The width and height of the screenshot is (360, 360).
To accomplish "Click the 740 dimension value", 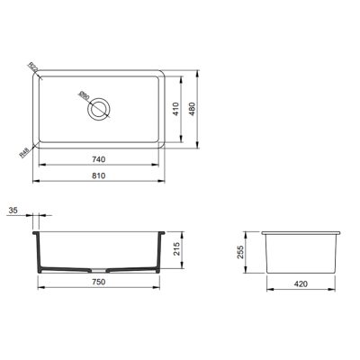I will (98, 159).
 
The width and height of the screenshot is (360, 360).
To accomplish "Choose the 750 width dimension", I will (99, 283).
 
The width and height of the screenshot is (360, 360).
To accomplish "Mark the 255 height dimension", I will (242, 253).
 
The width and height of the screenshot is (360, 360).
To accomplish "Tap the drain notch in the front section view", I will (100, 269).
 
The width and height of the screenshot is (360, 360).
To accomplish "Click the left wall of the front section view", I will (37, 252).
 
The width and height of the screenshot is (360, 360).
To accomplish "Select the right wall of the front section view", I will (160, 252).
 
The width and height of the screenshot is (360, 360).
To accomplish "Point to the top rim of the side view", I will (302, 233).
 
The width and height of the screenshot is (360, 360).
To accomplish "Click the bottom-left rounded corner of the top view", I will (38, 145).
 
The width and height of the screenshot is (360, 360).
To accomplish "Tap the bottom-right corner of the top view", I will (162, 145).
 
